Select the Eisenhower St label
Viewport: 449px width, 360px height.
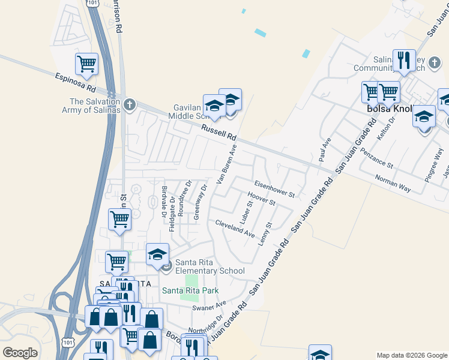[x=274, y=189]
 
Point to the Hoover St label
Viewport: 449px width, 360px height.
[x=261, y=199]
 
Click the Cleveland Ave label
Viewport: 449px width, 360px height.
[x=235, y=228]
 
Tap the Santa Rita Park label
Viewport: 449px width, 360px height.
[x=190, y=291]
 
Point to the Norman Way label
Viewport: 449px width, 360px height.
[x=393, y=183]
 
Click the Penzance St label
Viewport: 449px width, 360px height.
[x=373, y=158]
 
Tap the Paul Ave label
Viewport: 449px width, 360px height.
[x=325, y=150]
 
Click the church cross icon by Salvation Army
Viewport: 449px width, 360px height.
[x=128, y=104]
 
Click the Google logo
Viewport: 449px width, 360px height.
[x=20, y=353]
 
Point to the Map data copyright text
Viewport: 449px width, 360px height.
[x=411, y=355]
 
